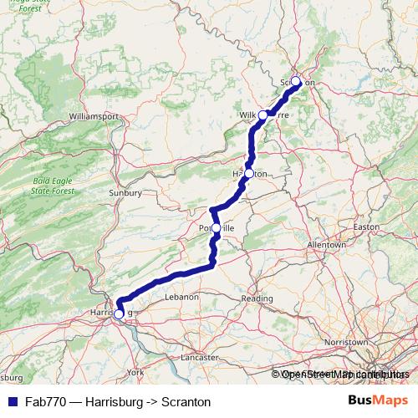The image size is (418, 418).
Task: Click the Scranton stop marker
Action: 295,82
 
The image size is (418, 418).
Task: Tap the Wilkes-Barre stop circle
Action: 263,115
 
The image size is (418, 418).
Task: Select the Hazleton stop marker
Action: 248,173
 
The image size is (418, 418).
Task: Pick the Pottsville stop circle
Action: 216,227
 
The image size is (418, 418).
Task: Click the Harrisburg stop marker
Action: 119,313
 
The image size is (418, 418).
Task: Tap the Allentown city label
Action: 326,245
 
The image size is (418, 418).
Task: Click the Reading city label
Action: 257,298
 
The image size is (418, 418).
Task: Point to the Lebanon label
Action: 181,297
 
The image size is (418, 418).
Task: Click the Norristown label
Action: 347,342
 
